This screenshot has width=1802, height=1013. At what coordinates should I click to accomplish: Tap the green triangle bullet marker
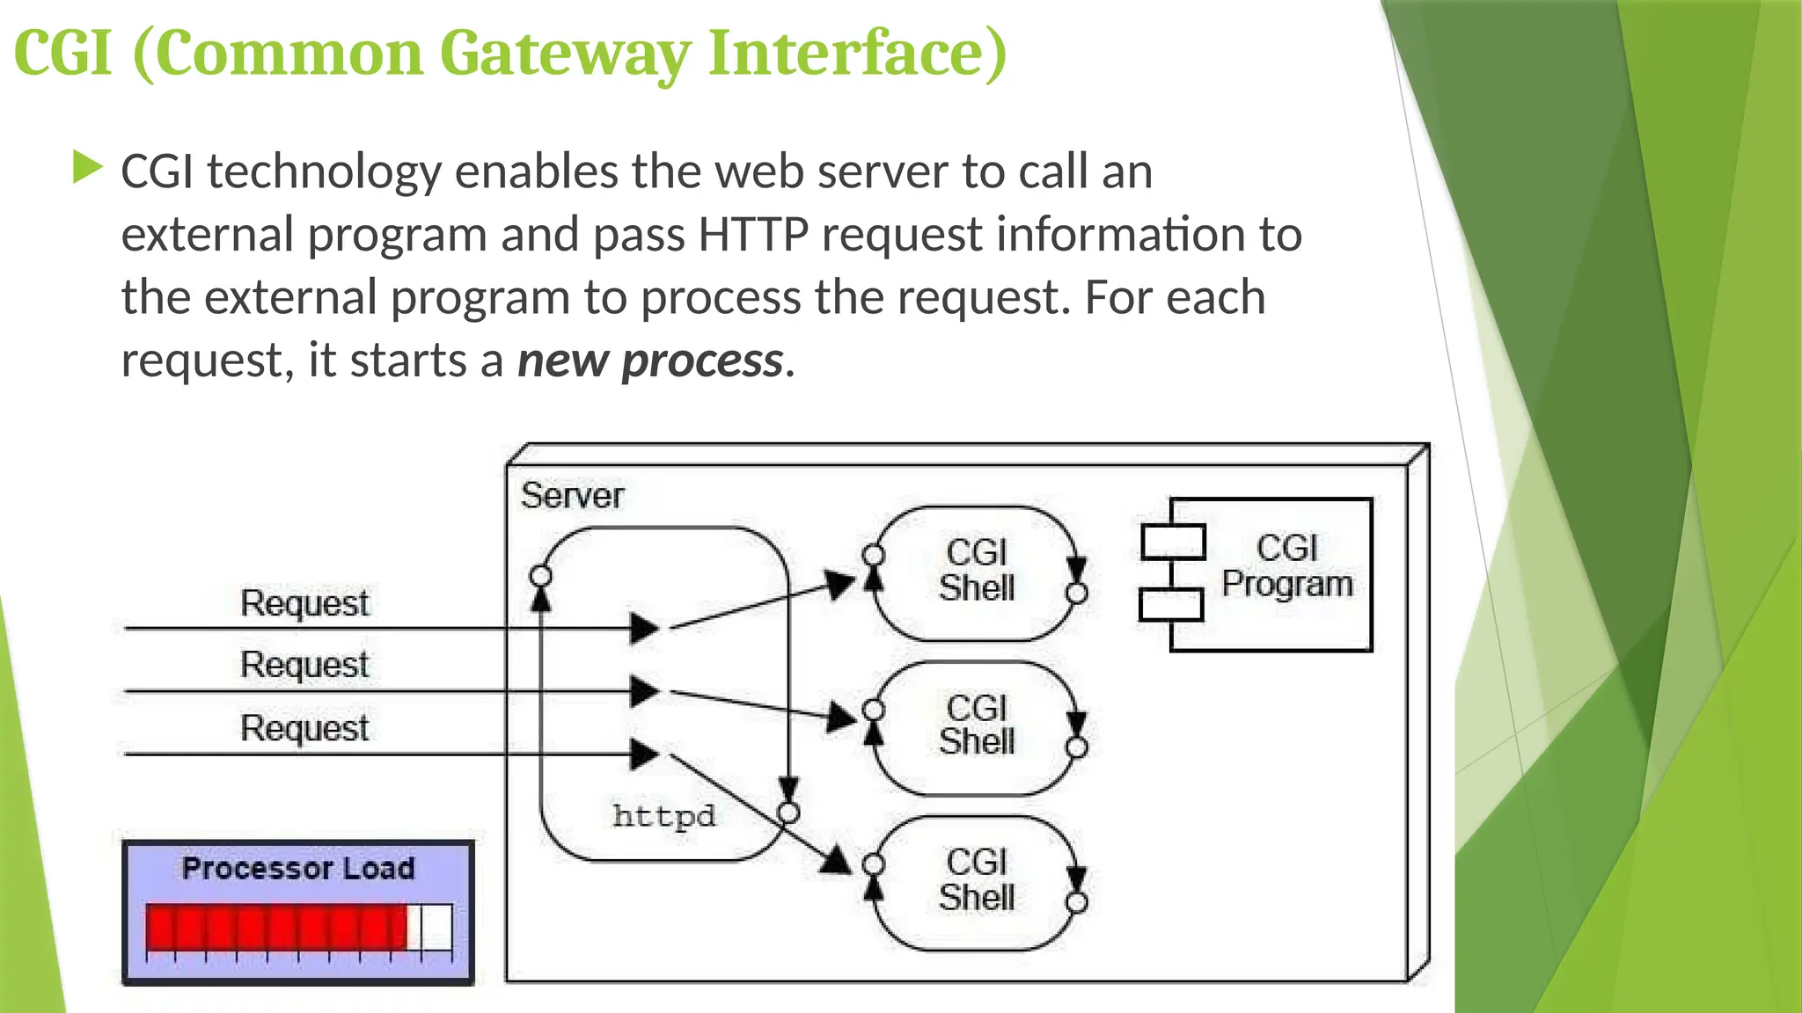[x=87, y=167]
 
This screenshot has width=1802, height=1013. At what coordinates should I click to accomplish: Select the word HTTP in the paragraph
[x=752, y=235]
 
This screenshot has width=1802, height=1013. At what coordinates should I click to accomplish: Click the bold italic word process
[x=701, y=361]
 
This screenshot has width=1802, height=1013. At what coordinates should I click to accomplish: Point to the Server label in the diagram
[x=572, y=496]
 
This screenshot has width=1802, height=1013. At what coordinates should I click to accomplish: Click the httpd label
[x=663, y=816]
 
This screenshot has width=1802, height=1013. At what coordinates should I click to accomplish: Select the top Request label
[x=304, y=603]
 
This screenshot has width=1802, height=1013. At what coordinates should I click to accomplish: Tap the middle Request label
[x=304, y=665]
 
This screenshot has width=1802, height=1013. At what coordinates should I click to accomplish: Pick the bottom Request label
[x=304, y=728]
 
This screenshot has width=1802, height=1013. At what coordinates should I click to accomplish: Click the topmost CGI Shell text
[x=977, y=571]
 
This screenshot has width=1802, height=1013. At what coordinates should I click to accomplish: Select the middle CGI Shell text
[x=977, y=725]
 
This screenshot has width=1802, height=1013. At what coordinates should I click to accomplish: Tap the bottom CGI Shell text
[x=977, y=880]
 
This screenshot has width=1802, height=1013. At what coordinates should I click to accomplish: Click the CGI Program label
[x=1286, y=566]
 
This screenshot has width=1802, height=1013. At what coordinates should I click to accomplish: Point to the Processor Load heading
[x=298, y=869]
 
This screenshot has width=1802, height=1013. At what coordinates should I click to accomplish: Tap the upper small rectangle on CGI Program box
[x=1173, y=543]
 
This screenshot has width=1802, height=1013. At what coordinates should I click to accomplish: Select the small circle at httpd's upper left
[x=541, y=577]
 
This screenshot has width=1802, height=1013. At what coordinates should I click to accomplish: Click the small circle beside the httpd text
[x=789, y=813]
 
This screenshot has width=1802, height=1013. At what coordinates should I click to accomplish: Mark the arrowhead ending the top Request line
[x=645, y=628]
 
